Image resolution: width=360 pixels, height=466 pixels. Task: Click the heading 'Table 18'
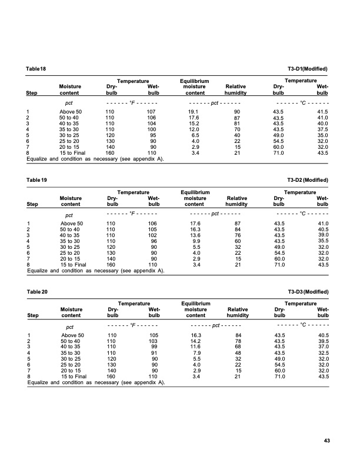pos(36,69)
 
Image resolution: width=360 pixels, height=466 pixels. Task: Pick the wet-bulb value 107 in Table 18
pos(152,111)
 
